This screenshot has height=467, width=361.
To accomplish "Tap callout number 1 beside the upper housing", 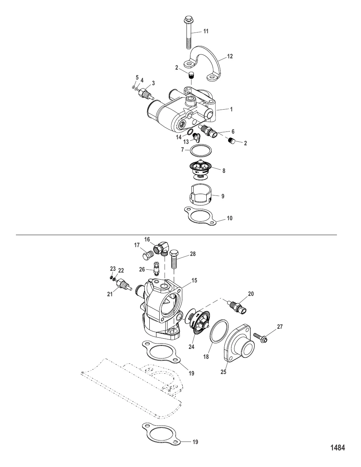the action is point(231,109).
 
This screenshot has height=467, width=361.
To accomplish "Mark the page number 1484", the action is point(337,448).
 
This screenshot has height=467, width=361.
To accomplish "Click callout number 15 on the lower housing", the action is point(194,280).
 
